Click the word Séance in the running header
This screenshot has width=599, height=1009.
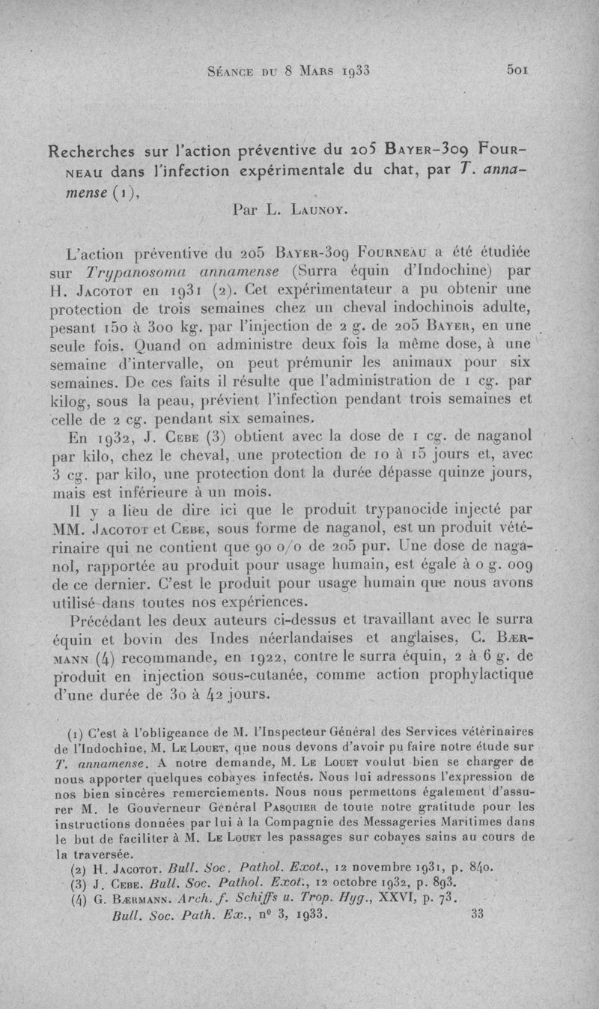click(x=227, y=72)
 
